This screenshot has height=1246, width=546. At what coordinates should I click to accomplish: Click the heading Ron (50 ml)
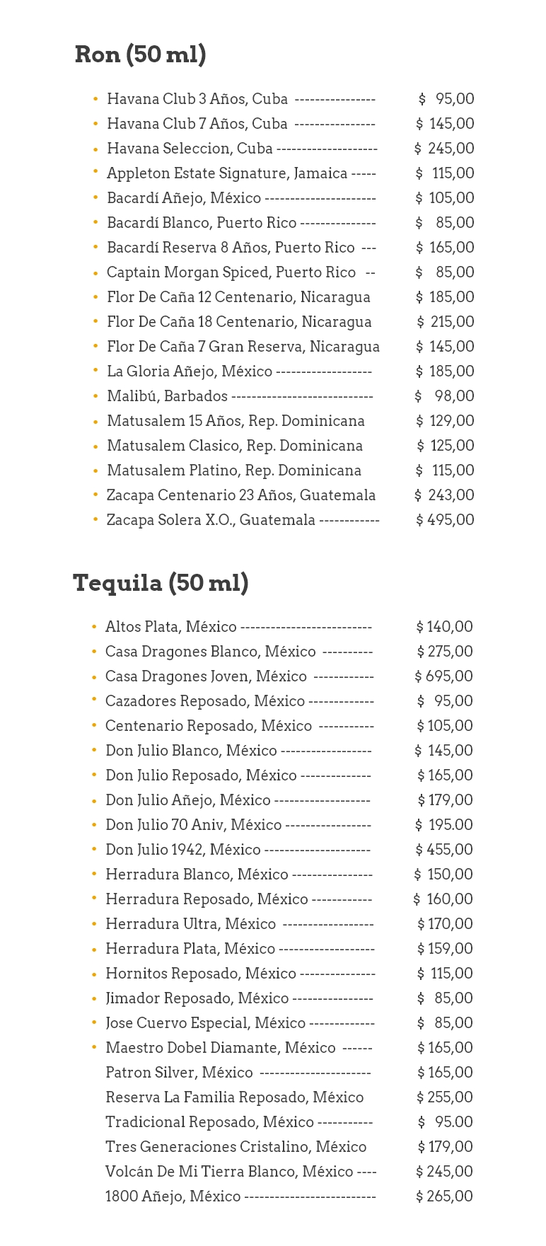point(140,54)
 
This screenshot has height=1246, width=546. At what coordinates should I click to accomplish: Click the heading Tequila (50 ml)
point(161,583)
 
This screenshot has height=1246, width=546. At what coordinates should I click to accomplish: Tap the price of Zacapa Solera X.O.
point(445,520)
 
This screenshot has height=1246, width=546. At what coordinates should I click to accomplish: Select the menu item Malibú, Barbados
point(167,396)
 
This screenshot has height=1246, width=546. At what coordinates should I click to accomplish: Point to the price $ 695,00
point(443,676)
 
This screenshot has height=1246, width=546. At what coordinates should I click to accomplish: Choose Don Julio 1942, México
point(183,850)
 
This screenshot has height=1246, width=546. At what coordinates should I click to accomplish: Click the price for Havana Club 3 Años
point(446,99)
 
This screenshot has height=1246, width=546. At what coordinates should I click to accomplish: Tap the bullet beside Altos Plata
point(94,627)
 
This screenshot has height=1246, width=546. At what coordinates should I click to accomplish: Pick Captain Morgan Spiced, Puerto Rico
point(231,272)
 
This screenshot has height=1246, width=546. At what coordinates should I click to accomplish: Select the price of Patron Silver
point(445,1073)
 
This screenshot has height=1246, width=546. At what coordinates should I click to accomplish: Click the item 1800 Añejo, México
point(173,1196)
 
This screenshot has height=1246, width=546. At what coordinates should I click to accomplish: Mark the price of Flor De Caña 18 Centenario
point(446,322)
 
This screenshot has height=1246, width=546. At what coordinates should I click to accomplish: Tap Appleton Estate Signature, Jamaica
point(227,173)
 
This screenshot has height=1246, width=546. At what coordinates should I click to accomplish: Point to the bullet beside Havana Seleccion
point(95,149)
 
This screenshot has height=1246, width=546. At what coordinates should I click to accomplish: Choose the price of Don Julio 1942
point(444,850)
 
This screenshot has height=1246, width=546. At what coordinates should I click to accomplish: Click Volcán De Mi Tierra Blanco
point(228,1172)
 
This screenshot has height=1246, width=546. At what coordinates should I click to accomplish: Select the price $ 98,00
point(445,396)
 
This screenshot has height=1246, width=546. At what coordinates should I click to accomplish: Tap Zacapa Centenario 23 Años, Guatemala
point(240,495)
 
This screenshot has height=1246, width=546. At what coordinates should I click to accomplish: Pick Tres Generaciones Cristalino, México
point(236,1147)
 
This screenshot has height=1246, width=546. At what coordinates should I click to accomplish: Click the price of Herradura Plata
point(445,949)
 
